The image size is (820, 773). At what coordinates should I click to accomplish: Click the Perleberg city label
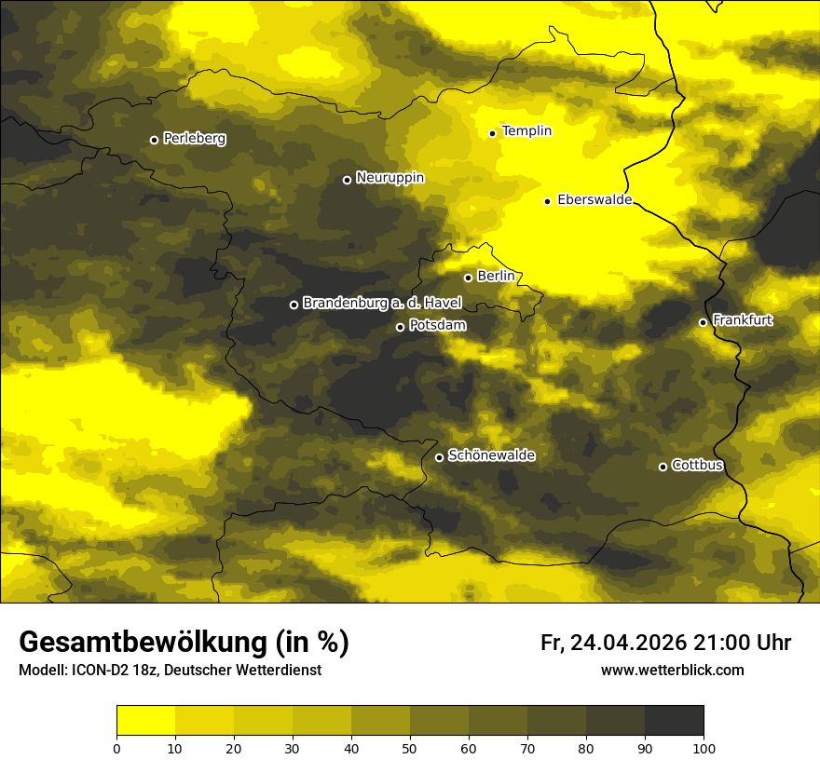pyautogui.click(x=194, y=139)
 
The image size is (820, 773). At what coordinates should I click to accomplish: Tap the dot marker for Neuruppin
pyautogui.click(x=347, y=180)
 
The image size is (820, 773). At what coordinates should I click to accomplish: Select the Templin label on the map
pyautogui.click(x=526, y=131)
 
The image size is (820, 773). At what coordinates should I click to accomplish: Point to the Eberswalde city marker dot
pyautogui.click(x=548, y=201)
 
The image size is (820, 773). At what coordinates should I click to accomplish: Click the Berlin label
pyautogui.click(x=496, y=276)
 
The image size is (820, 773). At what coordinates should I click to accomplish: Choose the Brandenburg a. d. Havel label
pyautogui.click(x=382, y=303)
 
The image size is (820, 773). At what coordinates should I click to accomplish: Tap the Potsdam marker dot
pyautogui.click(x=401, y=327)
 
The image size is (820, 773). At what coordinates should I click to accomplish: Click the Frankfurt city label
pyautogui.click(x=742, y=320)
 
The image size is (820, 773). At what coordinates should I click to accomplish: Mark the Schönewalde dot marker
pyautogui.click(x=440, y=457)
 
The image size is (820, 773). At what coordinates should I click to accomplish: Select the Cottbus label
pyautogui.click(x=697, y=465)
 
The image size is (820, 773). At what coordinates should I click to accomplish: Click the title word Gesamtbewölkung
pyautogui.click(x=140, y=643)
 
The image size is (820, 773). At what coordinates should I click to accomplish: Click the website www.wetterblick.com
pyautogui.click(x=672, y=670)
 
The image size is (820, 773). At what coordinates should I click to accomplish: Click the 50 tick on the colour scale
pyautogui.click(x=410, y=747)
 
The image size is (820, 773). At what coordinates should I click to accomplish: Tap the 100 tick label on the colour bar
pyautogui.click(x=704, y=747)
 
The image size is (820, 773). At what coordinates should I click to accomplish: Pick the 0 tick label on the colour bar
pyautogui.click(x=116, y=747)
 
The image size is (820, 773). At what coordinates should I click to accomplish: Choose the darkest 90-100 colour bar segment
pyautogui.click(x=674, y=720)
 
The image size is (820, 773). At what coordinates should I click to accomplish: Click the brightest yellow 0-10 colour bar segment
pyautogui.click(x=145, y=720)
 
